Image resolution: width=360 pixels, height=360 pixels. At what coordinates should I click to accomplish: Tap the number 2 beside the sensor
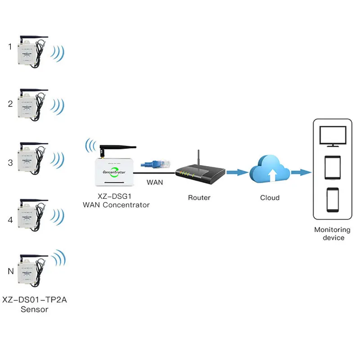pyautogui.click(x=10, y=104)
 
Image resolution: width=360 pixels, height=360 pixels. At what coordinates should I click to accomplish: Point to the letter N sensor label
pyautogui.click(x=10, y=271)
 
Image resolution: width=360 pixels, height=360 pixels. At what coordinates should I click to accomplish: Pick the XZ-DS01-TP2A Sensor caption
pyautogui.click(x=34, y=304)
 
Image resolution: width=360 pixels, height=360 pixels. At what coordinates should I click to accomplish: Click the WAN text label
pyautogui.click(x=155, y=183)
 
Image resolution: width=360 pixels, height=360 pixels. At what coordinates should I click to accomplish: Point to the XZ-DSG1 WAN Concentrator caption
pyautogui.click(x=116, y=201)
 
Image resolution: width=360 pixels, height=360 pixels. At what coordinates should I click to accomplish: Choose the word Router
pyautogui.click(x=199, y=198)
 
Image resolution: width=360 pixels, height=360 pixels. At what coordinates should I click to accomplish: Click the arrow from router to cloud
pyautogui.click(x=237, y=172)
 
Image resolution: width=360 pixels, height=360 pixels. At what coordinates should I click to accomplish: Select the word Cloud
pyautogui.click(x=270, y=198)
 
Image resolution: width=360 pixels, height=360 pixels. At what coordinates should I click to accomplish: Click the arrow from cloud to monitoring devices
pyautogui.click(x=301, y=172)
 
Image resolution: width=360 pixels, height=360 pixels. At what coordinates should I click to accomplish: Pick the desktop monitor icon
pyautogui.click(x=332, y=135)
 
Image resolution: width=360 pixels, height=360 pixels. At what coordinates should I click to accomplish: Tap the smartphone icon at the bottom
pyautogui.click(x=333, y=199)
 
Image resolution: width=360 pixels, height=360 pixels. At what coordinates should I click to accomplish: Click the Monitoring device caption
pyautogui.click(x=333, y=233)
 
